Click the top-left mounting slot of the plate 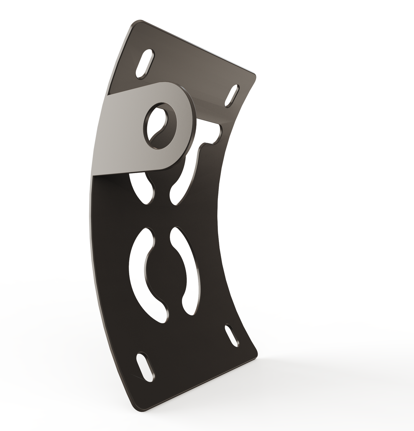coord(145,64)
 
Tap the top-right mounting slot coord(232,96)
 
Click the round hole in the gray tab coord(160,126)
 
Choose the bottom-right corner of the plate coord(255,355)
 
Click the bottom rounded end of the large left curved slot coord(164,317)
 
